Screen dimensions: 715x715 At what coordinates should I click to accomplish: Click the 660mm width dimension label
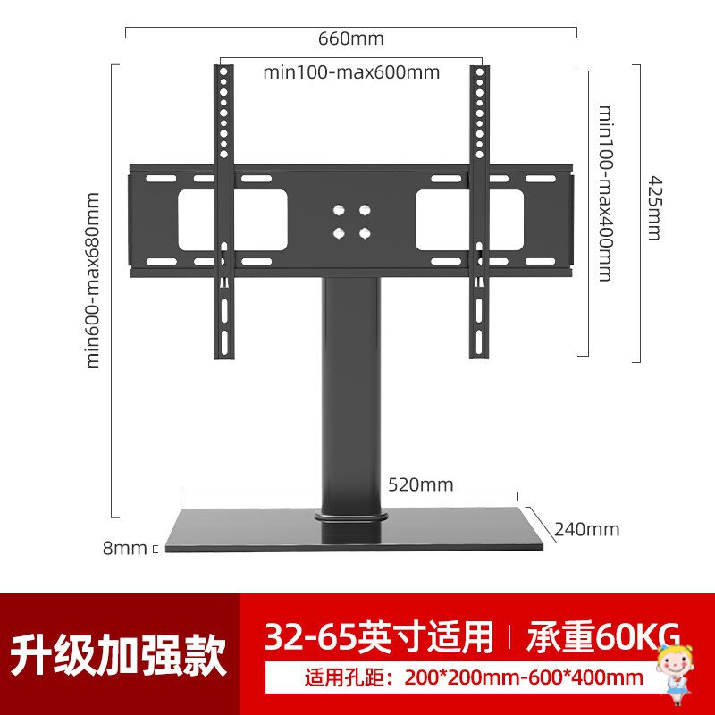point(350,38)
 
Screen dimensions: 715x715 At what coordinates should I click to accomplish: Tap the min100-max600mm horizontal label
point(351,72)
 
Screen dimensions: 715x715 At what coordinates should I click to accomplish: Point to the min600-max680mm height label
point(93,281)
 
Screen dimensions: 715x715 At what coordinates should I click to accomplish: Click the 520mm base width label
point(420,485)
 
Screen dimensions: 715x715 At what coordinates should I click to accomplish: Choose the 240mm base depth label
point(586,528)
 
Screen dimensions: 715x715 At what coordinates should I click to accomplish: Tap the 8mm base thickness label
point(124,548)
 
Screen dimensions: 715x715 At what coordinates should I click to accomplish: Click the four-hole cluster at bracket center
point(351,221)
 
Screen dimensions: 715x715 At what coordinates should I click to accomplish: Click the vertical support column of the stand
point(351,393)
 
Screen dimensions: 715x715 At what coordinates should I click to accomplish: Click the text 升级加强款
point(119,655)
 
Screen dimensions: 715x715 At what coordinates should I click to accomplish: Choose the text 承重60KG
point(603,636)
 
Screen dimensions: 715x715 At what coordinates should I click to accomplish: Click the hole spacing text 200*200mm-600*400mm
point(474,677)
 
